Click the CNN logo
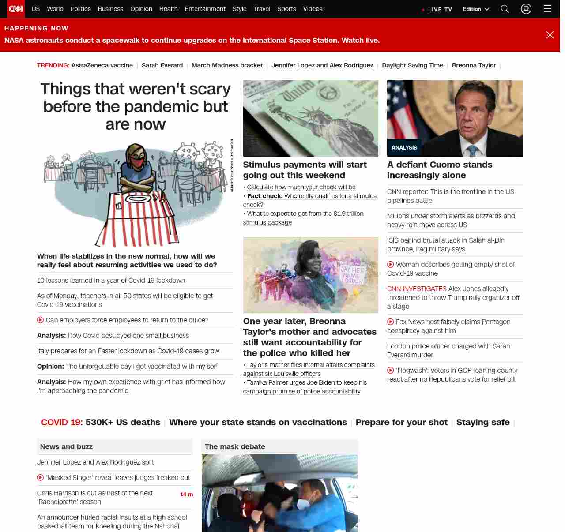[16, 9]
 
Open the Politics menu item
[80, 9]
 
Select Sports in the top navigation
[286, 9]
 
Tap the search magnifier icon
[505, 9]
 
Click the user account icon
[526, 9]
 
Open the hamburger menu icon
[547, 9]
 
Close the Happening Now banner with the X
[550, 35]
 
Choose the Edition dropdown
[476, 9]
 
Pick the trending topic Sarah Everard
[162, 65]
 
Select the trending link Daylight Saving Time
[412, 65]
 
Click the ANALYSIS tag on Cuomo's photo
[404, 148]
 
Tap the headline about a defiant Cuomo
[439, 170]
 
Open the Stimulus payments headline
[305, 170]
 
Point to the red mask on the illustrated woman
[138, 162]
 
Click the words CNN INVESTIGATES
[417, 289]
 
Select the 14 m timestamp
[186, 495]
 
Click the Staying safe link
[482, 422]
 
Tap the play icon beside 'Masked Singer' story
[41, 477]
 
